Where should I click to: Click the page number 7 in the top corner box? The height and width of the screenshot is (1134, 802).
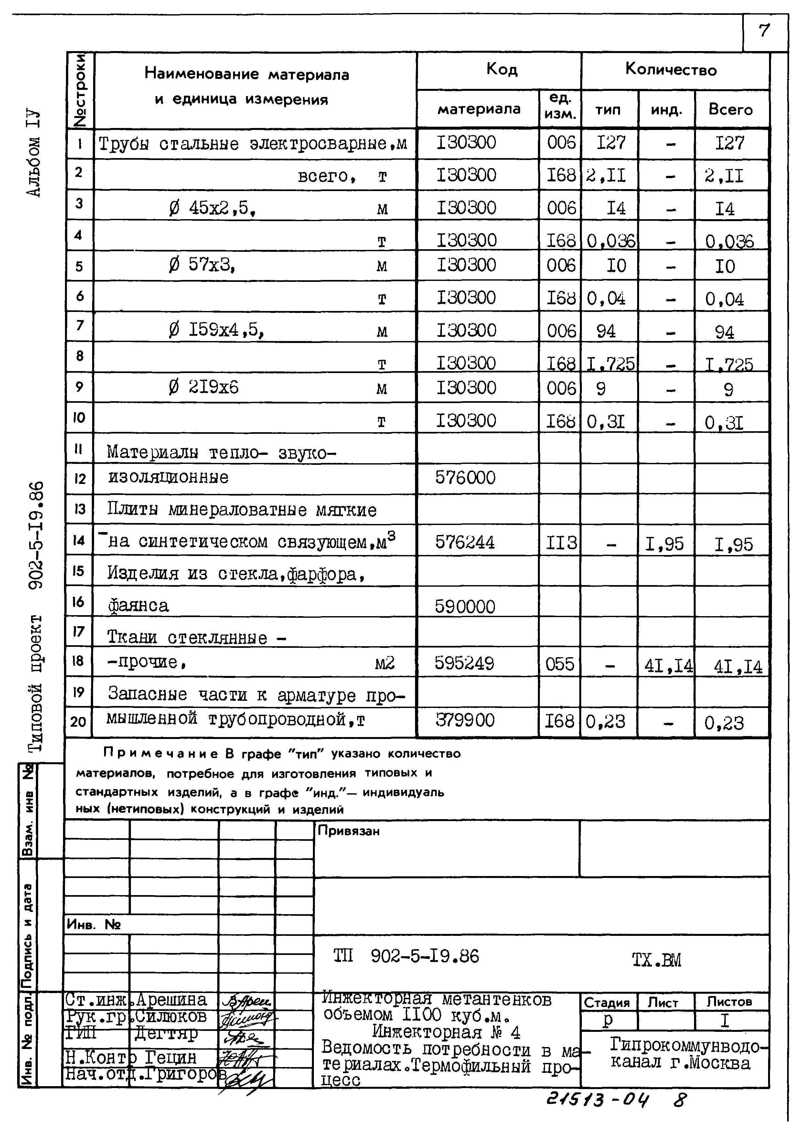pyautogui.click(x=764, y=31)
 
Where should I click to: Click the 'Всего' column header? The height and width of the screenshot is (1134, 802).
pyautogui.click(x=730, y=110)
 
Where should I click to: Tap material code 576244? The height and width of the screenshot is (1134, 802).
pyautogui.click(x=465, y=542)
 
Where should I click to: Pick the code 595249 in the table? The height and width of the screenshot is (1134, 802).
pyautogui.click(x=464, y=663)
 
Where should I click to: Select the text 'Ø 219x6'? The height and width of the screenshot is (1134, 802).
pyautogui.click(x=203, y=387)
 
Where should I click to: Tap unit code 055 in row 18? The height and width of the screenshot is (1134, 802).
pyautogui.click(x=560, y=664)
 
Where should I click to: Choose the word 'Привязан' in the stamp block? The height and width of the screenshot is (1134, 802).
pyautogui.click(x=349, y=831)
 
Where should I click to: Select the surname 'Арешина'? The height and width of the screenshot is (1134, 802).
pyautogui.click(x=171, y=1000)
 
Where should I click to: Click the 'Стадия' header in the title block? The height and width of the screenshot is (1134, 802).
pyautogui.click(x=607, y=1003)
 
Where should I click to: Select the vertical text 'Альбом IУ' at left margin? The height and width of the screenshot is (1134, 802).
pyautogui.click(x=35, y=154)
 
